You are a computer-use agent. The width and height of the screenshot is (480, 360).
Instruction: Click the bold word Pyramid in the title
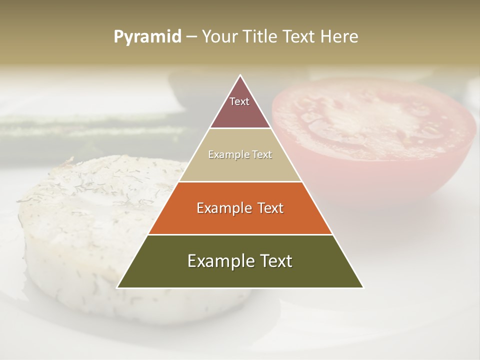click(147, 37)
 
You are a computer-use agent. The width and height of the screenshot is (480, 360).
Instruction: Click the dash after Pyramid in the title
click(191, 37)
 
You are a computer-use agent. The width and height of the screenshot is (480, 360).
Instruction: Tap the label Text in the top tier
click(239, 101)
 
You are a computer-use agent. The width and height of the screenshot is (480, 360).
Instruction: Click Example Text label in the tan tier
click(240, 154)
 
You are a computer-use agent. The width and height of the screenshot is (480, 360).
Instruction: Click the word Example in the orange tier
click(222, 208)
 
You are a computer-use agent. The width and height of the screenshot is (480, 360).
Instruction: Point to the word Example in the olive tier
click(217, 261)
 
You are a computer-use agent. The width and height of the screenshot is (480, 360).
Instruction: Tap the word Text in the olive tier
click(275, 261)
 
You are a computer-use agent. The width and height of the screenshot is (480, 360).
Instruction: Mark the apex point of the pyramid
click(240, 75)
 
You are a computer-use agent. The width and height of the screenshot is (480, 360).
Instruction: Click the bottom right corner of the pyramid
click(363, 287)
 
